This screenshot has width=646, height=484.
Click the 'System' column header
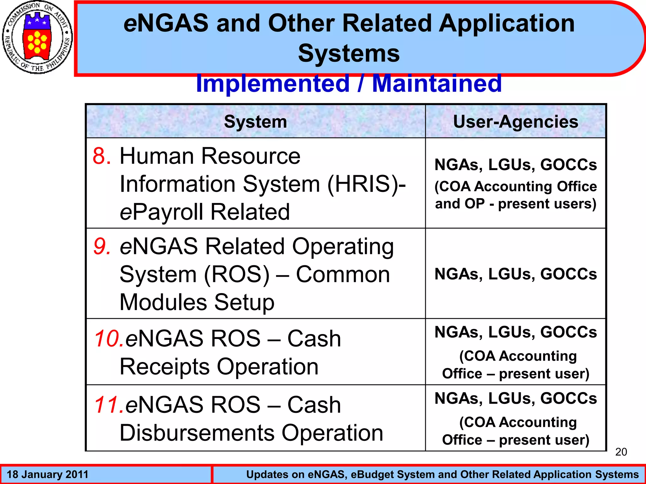[x=255, y=122]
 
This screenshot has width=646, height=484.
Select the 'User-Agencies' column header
[x=515, y=122]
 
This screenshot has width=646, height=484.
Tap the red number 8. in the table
[x=102, y=156]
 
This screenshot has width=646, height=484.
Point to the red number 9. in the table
[x=102, y=246]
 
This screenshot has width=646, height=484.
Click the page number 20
[x=621, y=452]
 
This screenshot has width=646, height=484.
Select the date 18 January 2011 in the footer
[x=47, y=475]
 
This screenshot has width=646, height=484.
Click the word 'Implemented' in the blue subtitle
[x=273, y=84]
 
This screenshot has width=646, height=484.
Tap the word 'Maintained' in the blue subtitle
[x=437, y=84]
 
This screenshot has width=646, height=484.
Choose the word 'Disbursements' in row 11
[x=197, y=433]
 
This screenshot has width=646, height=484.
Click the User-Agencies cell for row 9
[x=515, y=274]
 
